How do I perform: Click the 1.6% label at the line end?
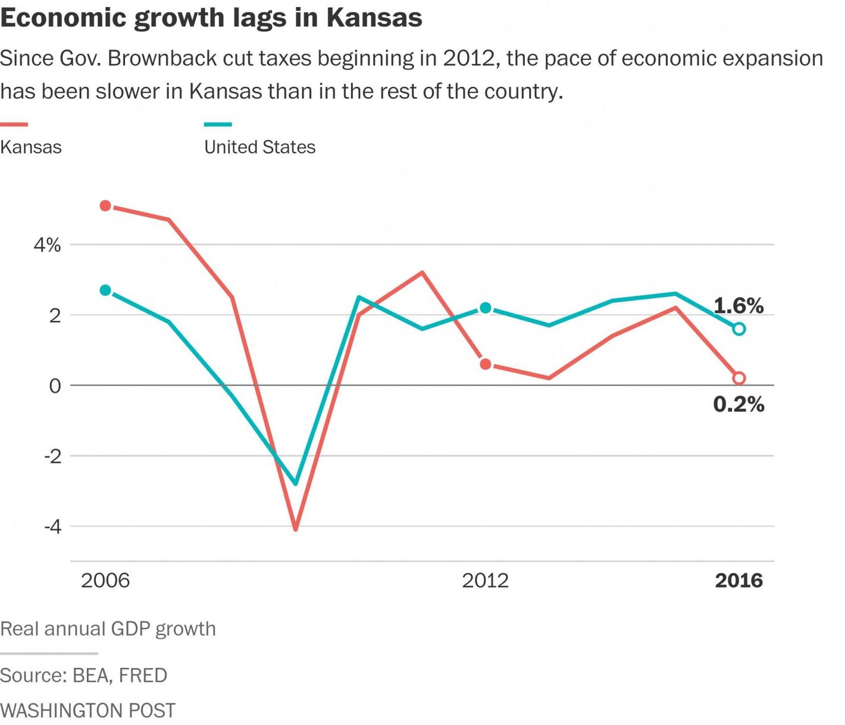click(738, 306)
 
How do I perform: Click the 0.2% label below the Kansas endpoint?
click(738, 405)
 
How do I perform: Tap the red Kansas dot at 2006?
click(105, 206)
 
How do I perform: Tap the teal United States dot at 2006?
click(105, 290)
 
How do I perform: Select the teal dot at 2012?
click(486, 308)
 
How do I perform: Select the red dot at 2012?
click(486, 364)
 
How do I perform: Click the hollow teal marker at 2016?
click(738, 329)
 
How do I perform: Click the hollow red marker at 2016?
click(738, 378)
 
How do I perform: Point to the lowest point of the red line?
click(296, 528)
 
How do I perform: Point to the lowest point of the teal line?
click(296, 483)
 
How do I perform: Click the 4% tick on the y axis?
click(47, 245)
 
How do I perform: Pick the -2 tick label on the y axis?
click(52, 457)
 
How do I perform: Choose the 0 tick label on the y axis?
click(55, 386)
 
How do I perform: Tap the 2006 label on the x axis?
click(105, 580)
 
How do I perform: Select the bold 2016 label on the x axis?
click(738, 580)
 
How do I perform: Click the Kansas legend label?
click(31, 147)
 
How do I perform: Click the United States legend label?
click(259, 147)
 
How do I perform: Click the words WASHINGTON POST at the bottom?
click(88, 710)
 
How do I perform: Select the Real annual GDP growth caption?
click(108, 629)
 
